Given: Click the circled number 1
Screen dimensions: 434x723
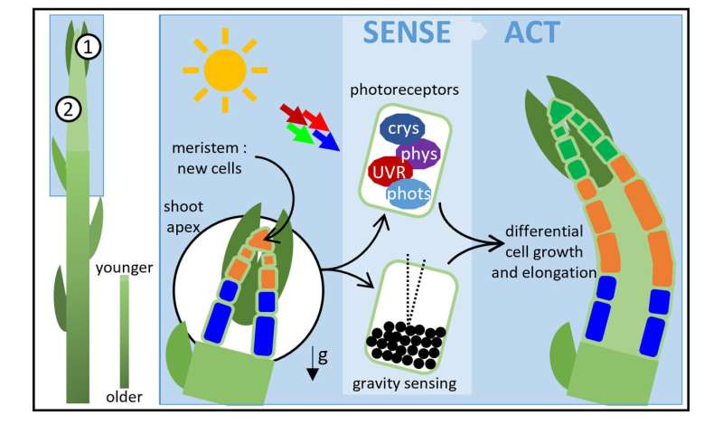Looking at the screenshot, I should click(x=87, y=48).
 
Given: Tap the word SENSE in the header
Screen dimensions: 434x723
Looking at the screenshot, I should click(x=406, y=33).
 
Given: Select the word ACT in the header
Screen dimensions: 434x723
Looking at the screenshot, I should click(x=531, y=33).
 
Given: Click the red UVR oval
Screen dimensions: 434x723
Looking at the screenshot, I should click(x=390, y=170).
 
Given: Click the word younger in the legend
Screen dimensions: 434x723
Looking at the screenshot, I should click(x=123, y=268).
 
